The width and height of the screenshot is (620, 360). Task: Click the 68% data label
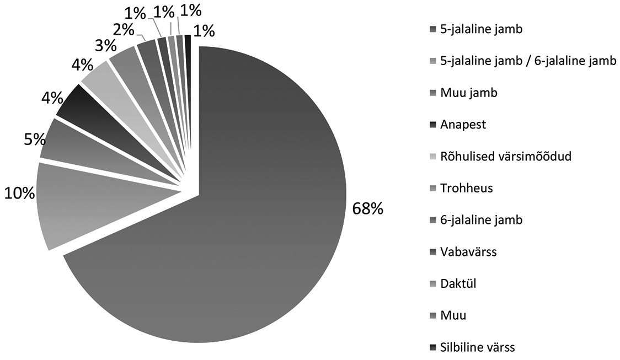coord(365,209)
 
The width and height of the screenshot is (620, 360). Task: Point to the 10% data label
coord(19,193)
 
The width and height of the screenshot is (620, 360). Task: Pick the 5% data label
coord(34,139)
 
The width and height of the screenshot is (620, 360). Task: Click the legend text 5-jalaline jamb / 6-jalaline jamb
coord(528,61)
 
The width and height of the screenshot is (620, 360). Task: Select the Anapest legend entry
coord(463,125)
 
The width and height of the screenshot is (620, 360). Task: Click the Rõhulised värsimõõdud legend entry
coord(505,156)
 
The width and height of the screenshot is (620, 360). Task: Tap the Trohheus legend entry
coord(466,188)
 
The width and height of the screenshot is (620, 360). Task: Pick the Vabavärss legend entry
coord(468,252)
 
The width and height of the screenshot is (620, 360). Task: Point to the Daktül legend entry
coord(458,284)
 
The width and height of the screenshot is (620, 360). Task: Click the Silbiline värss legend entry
coord(477,347)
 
